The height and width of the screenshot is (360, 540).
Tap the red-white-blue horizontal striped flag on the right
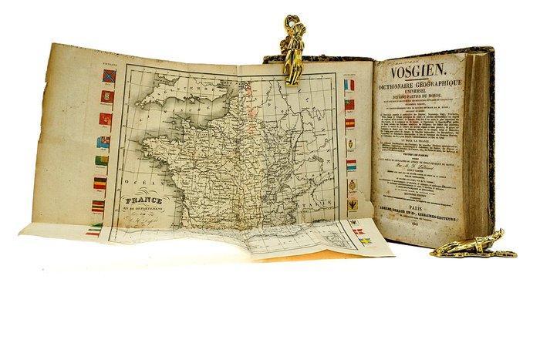click(350, 165)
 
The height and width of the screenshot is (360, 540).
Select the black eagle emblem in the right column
click(350, 204)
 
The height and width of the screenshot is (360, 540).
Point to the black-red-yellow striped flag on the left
click(100, 183)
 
